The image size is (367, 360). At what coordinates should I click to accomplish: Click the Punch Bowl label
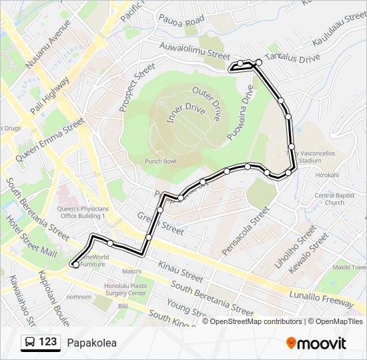tap(161, 161)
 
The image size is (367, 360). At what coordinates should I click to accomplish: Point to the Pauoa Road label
tap(180, 22)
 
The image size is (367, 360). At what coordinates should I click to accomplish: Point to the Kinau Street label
tap(181, 271)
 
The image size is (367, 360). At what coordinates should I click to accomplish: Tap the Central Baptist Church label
tap(330, 199)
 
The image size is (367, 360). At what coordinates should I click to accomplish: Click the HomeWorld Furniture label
tap(93, 260)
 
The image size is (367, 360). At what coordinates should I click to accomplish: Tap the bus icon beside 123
tap(29, 343)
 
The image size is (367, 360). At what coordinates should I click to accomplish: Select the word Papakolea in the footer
tap(91, 343)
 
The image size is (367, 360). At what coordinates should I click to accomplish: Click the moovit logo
tap(316, 343)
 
